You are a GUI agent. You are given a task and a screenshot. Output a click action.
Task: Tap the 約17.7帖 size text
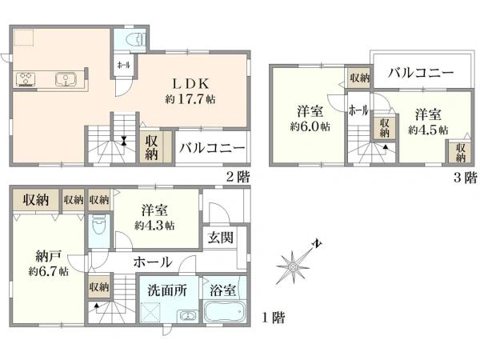pyautogui.click(x=190, y=100)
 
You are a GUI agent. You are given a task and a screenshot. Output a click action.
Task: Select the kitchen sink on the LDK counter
pyautogui.click(x=65, y=78)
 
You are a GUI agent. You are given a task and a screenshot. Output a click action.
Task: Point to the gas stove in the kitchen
pyautogui.click(x=24, y=78)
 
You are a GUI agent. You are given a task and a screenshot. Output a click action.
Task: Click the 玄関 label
pyautogui.click(x=220, y=237)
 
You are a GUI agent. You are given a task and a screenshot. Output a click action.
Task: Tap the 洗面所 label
pyautogui.click(x=167, y=290)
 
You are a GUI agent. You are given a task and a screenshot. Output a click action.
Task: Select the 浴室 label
pyautogui.click(x=223, y=290)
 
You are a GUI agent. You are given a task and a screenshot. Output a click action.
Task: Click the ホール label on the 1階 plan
pyautogui.click(x=151, y=262)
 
